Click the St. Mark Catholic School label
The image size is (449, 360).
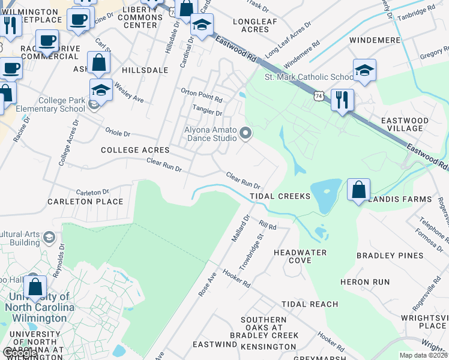309,77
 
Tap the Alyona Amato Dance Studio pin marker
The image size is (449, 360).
245,133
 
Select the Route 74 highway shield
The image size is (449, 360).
319,95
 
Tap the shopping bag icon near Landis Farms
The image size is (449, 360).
358,190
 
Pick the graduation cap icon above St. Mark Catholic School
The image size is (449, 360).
364,71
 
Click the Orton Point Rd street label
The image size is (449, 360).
202,91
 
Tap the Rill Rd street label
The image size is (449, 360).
267,225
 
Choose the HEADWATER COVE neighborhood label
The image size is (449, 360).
300,256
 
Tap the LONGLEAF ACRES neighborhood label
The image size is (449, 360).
250,25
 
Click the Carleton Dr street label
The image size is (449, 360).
91,191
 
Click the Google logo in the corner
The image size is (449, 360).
19,353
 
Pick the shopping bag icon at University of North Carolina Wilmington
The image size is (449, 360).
35,287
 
